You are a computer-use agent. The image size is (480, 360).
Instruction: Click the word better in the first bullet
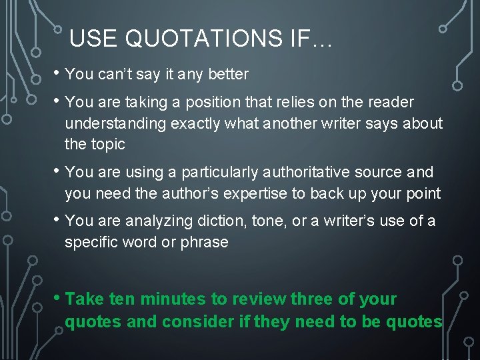(228, 74)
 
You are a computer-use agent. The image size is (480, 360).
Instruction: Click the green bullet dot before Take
(58, 298)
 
